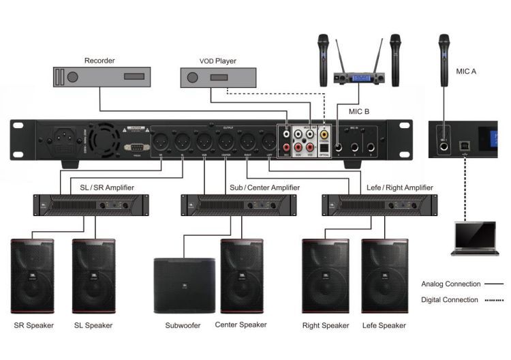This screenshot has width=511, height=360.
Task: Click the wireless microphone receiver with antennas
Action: tap(355, 76)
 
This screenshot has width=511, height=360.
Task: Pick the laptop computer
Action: tap(475, 238)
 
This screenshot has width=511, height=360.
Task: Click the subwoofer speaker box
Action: tap(180, 284)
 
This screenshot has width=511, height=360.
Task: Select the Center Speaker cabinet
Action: tap(241, 276)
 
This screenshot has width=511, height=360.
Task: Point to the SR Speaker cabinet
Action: tap(33, 276)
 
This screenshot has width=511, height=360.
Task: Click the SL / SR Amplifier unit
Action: tap(87, 204)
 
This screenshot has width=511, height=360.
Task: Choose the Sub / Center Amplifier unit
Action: tap(238, 204)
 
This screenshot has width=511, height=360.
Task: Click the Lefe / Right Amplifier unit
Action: tap(379, 204)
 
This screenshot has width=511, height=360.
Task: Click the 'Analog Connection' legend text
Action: tap(450, 284)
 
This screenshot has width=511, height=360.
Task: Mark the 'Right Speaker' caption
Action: tap(325, 326)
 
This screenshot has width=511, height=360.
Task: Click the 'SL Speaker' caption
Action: tap(93, 326)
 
